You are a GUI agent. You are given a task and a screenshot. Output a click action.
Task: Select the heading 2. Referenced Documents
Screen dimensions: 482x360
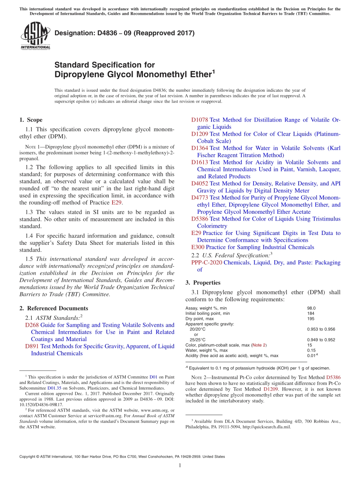click(x=53, y=308)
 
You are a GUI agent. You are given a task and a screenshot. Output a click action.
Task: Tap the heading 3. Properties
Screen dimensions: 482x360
click(x=203, y=282)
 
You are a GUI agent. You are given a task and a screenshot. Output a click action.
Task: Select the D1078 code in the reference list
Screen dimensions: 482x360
click(x=199, y=120)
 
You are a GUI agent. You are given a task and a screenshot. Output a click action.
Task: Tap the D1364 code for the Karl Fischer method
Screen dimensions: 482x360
click(x=199, y=148)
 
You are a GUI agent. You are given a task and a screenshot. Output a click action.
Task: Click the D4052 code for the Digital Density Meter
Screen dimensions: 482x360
click(x=199, y=183)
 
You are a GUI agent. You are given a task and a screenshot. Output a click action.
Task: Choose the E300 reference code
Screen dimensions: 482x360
click(x=198, y=247)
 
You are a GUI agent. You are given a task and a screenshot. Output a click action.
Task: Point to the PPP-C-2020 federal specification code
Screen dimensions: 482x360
click(x=207, y=262)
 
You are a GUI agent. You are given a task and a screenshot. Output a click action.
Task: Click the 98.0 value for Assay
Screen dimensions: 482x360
click(x=311, y=308)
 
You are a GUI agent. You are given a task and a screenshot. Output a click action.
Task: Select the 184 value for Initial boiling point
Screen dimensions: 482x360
click(x=310, y=313)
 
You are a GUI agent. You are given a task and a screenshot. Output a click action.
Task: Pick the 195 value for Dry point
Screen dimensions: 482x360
click(x=310, y=319)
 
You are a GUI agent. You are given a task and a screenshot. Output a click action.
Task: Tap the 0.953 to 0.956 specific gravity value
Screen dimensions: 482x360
click(x=321, y=329)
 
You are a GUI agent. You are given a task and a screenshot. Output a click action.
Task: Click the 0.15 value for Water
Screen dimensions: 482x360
click(x=311, y=350)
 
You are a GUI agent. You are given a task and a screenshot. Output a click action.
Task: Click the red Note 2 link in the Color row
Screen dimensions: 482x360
click(x=260, y=345)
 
